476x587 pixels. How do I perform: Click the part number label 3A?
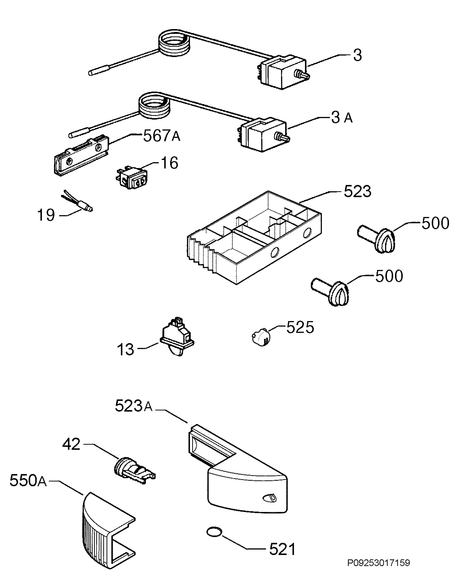click(x=342, y=118)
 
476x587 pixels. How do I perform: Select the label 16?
click(x=169, y=163)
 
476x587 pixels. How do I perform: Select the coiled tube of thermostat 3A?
click(x=155, y=106)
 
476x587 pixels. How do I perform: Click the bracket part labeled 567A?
click(x=81, y=155)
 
